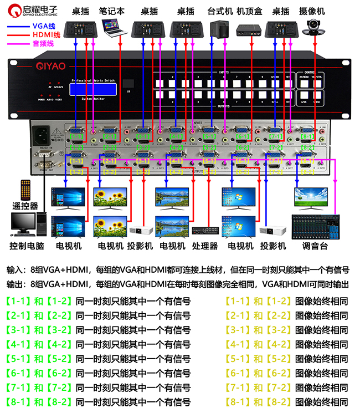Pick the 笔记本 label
point(111,11)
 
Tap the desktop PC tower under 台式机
point(217,29)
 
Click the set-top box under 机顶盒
point(248,30)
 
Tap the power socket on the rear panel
point(45,134)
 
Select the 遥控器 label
point(25,206)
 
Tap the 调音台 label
point(316,246)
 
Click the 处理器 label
point(206,246)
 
